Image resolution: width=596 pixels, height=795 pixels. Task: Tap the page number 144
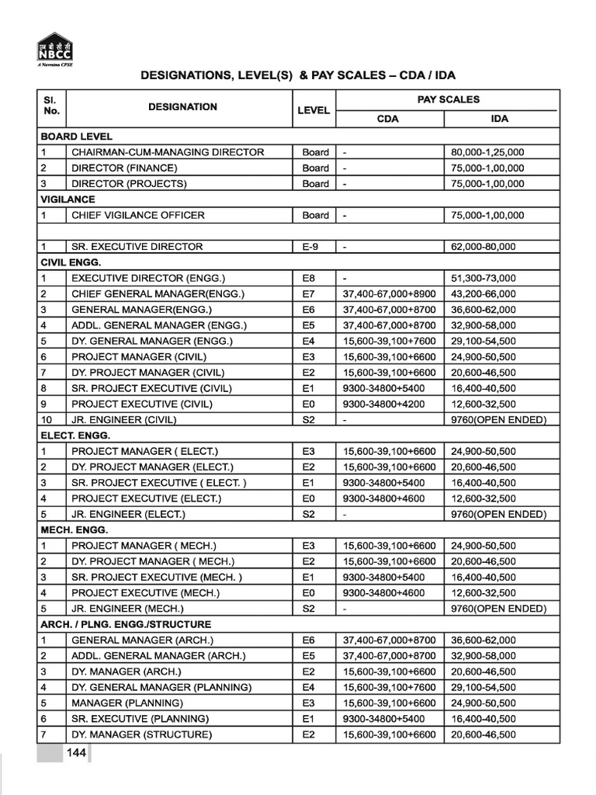point(75,753)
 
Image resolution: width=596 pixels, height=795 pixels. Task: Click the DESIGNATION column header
point(182,107)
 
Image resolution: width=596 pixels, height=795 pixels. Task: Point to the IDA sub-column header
point(500,120)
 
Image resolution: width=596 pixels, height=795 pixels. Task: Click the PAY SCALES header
point(448,99)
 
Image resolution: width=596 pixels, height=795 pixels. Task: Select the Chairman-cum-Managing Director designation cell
point(168,152)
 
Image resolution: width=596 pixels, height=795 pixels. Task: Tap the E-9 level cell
point(310,247)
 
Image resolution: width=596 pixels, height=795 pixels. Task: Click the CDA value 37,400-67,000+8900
point(390,293)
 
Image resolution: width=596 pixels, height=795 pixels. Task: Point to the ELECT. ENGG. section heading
point(75,436)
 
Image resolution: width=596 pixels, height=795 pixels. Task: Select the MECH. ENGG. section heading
point(75,529)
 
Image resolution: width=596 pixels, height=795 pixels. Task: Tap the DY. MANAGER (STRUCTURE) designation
point(141,734)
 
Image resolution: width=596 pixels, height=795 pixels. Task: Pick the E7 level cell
point(310,293)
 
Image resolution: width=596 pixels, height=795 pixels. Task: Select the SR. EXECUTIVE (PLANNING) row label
point(140,718)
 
